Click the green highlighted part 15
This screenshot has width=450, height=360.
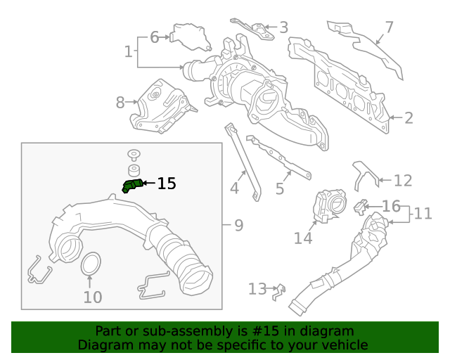[131, 186]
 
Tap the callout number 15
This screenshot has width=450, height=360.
[167, 184]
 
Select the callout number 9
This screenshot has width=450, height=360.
[238, 226]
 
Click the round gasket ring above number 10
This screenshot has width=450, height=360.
[89, 265]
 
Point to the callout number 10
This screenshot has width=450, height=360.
[93, 297]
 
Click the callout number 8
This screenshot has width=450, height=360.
[120, 103]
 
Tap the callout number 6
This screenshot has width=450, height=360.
[155, 37]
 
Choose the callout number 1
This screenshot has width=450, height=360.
[128, 51]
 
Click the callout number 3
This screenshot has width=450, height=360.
[283, 28]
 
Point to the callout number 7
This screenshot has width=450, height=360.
[389, 28]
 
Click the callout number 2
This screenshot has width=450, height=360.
[409, 118]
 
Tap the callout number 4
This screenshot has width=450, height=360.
[234, 188]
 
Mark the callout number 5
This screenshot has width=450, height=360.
[279, 188]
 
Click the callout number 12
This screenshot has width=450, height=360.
[402, 181]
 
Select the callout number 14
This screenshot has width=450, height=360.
[303, 238]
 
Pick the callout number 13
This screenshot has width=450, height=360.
[257, 288]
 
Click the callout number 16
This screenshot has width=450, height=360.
[391, 206]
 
